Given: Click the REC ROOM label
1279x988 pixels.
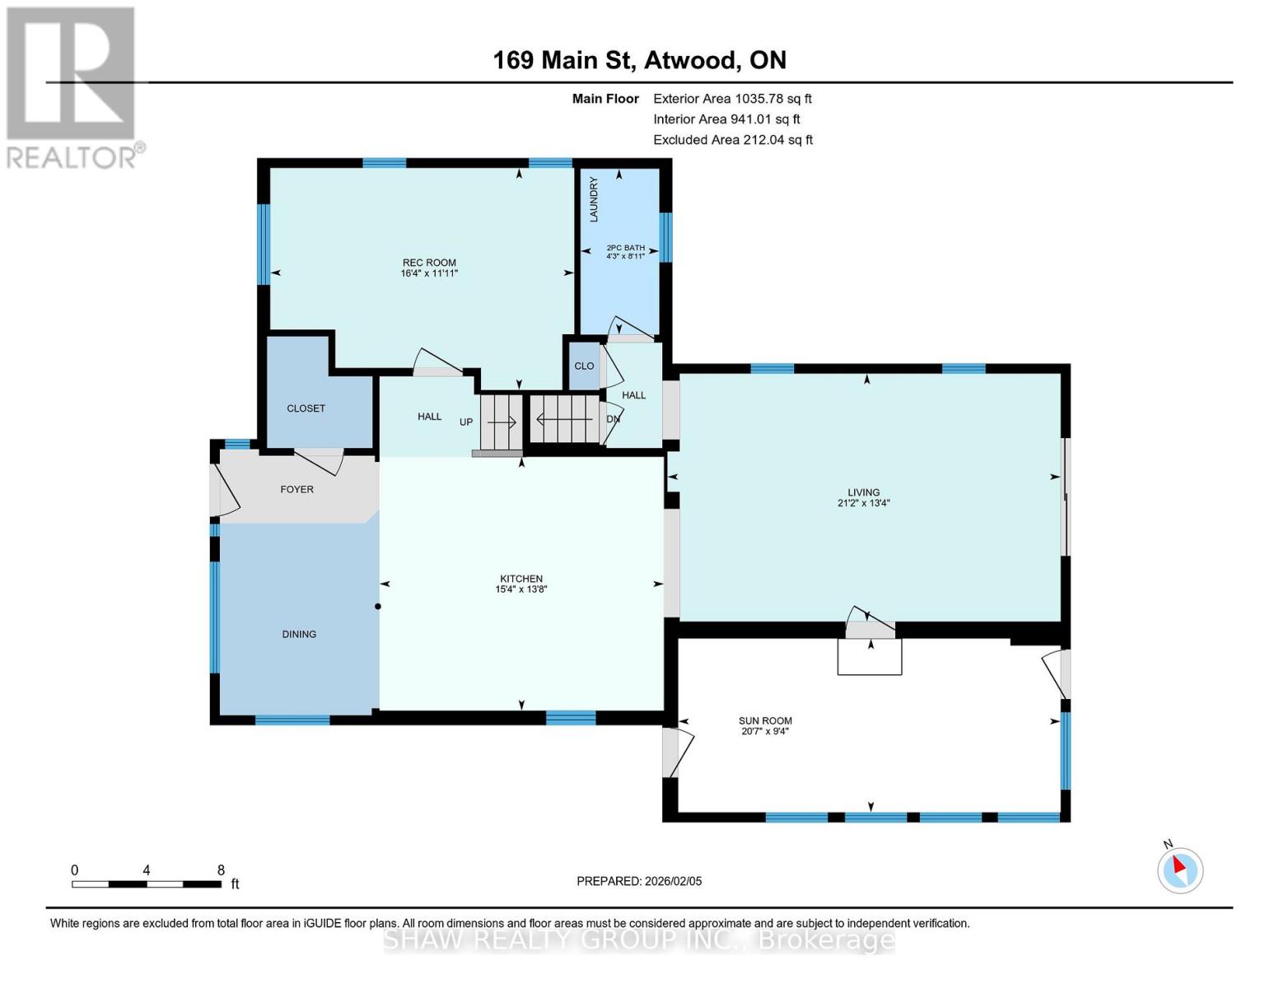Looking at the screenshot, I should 429,263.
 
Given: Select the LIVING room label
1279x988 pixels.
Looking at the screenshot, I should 863,492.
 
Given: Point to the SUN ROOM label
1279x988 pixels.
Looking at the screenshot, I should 765,720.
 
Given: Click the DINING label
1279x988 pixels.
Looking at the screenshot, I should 299,634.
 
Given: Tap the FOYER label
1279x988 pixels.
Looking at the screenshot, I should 296,489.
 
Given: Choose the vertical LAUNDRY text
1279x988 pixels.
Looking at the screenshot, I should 594,199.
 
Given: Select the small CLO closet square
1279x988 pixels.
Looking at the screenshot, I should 584,366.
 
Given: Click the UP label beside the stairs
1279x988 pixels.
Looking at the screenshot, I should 466,422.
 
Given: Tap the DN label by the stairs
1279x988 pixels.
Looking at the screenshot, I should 613,418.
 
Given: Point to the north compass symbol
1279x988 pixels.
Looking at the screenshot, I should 1180,869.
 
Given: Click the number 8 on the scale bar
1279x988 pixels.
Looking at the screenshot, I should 221,869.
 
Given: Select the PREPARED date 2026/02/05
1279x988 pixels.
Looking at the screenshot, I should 639,881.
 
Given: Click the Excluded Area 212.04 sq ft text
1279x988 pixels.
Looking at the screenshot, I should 732,140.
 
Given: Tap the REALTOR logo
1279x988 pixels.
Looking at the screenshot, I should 72,86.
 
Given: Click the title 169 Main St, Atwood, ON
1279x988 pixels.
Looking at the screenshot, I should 639,60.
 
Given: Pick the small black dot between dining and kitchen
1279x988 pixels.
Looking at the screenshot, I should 378,607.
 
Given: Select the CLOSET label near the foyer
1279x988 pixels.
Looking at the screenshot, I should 306,408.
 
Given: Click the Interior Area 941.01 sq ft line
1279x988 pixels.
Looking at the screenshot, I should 726,119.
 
